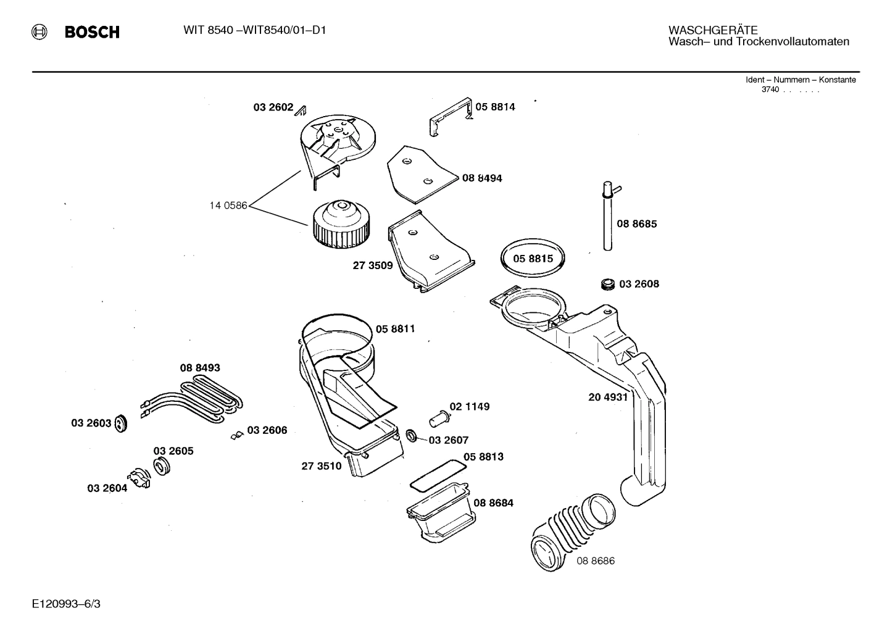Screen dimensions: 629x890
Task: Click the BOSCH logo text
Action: (x=92, y=32)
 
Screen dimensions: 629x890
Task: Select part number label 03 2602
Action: (x=273, y=107)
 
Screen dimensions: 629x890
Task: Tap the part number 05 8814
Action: (x=495, y=107)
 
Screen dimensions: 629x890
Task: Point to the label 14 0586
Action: (x=228, y=206)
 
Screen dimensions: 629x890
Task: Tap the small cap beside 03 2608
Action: (x=607, y=284)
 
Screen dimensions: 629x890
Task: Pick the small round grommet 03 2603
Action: (x=121, y=423)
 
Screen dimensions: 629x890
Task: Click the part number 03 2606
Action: (x=267, y=430)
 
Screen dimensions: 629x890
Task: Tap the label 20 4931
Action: (x=607, y=398)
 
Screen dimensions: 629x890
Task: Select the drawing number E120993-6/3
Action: (x=66, y=603)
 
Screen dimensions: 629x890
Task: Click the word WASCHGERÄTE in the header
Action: (x=713, y=30)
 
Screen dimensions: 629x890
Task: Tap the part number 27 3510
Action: (x=321, y=466)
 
